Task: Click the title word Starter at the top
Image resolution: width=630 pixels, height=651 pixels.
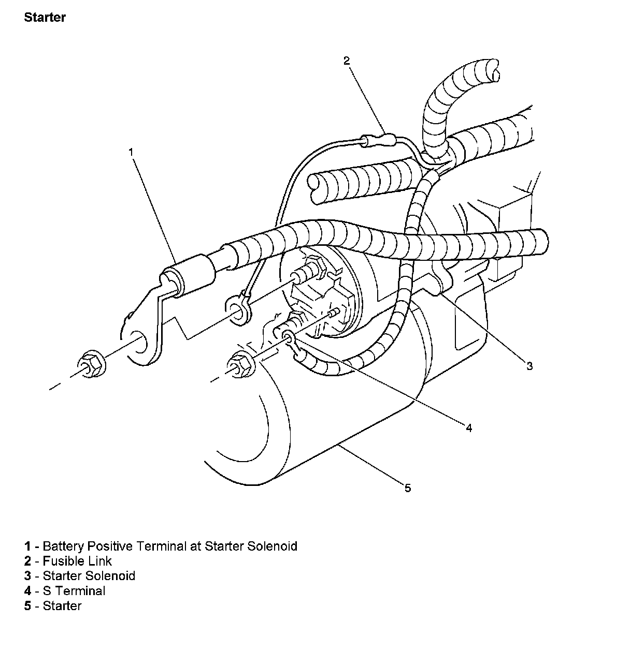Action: pos(45,18)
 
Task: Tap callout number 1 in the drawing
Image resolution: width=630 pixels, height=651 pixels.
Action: pos(131,152)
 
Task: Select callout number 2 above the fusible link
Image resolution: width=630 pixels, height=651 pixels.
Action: pos(347,61)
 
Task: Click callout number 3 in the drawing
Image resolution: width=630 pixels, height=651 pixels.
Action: pos(529,366)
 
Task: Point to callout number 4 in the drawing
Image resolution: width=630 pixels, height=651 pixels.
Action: pos(468,428)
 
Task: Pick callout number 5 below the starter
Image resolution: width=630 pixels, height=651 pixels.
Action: pos(408,488)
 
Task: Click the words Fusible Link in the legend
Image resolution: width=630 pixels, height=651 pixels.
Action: pos(77,561)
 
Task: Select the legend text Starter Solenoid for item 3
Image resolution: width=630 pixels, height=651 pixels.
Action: pos(89,576)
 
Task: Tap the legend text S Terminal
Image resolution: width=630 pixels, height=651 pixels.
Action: pos(74,591)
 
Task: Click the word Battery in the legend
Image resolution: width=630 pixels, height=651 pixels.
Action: pos(63,546)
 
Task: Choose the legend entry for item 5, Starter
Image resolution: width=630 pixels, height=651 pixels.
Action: pos(62,606)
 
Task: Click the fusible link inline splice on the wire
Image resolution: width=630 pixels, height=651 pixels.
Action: pos(378,139)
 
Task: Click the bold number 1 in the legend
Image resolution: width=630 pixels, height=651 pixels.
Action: pos(27,546)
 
